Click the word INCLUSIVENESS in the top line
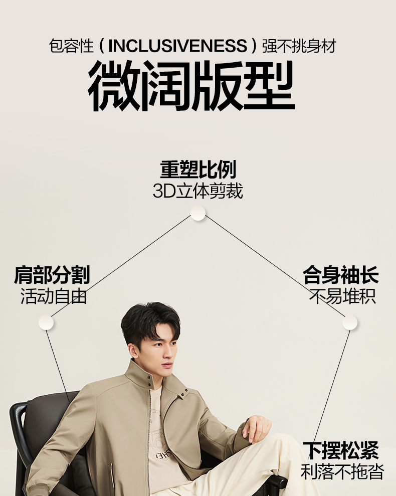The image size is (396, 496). (178, 46)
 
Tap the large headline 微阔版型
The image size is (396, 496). (191, 86)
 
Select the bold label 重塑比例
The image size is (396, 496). (198, 170)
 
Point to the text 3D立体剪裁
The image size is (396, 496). (198, 191)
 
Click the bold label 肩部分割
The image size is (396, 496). (52, 275)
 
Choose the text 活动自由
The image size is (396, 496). (54, 296)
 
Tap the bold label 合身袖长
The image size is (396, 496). (340, 275)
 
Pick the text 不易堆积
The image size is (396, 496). (342, 296)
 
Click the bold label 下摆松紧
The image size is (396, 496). (340, 450)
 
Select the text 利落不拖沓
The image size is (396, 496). (342, 471)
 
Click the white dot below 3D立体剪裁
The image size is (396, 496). (198, 213)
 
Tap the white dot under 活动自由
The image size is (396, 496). (46, 322)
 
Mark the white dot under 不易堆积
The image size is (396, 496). (350, 322)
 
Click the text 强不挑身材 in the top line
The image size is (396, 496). (299, 46)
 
